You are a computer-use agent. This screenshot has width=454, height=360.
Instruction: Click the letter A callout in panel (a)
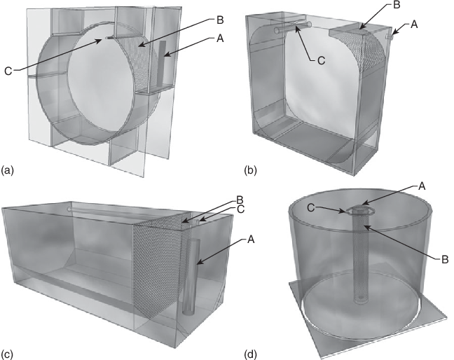pos(220,39)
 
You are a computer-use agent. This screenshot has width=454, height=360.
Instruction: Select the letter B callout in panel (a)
pos(220,20)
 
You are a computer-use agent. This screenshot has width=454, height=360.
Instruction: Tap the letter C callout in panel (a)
pos(8,71)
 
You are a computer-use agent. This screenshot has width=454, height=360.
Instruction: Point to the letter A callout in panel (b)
pos(414,25)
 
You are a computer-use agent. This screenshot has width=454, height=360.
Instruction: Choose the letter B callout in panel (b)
pos(397,5)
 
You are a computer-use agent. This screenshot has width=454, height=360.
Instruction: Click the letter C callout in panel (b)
pos(322,60)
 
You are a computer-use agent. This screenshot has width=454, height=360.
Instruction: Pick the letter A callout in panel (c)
pos(250,240)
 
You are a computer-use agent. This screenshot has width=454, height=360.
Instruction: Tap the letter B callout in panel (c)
pos(240,200)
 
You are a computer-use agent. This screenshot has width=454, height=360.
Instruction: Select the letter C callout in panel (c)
pos(240,209)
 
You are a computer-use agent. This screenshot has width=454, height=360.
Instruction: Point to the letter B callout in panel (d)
pos(445,259)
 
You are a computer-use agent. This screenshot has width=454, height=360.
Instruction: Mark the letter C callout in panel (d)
pos(310,208)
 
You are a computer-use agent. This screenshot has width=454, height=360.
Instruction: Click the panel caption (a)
pos(8,170)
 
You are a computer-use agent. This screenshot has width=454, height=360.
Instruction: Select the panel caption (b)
pos(250,170)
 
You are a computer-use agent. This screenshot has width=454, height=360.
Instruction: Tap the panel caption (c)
pos(7,354)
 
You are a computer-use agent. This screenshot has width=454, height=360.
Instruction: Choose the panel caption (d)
pos(250,354)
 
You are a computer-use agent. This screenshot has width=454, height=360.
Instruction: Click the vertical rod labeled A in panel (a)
pos(161,64)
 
